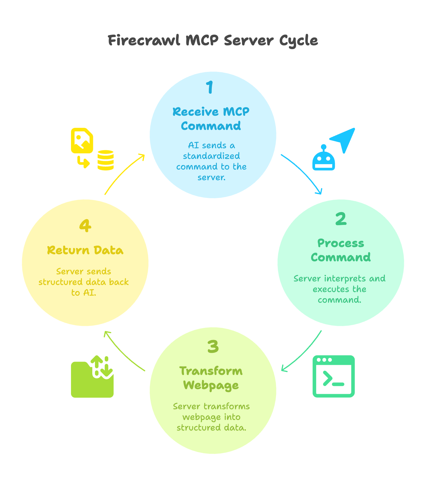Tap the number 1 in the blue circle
click(210, 87)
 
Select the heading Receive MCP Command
click(211, 119)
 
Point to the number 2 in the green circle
click(341, 219)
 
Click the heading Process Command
click(341, 250)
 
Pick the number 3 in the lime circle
click(213, 346)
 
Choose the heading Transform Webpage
click(211, 378)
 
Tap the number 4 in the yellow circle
click(85, 226)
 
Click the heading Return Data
click(85, 250)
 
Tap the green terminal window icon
click(333, 376)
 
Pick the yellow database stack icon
click(106, 160)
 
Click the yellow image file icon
click(82, 141)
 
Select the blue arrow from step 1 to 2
click(305, 172)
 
